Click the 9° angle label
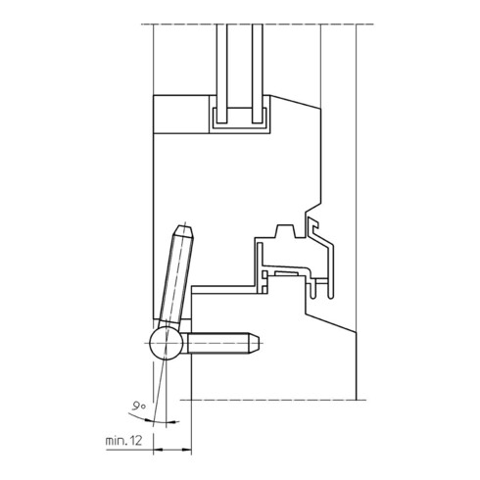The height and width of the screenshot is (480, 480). click(x=138, y=406)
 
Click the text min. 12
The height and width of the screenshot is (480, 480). click(x=124, y=441)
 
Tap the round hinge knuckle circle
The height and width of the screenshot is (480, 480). click(x=167, y=343)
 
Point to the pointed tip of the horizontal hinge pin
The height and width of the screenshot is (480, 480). click(x=259, y=343)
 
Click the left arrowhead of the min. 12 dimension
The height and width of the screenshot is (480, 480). click(x=158, y=450)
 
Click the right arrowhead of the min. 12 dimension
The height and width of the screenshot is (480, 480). click(x=187, y=450)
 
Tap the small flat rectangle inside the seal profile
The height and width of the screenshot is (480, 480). click(x=286, y=273)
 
